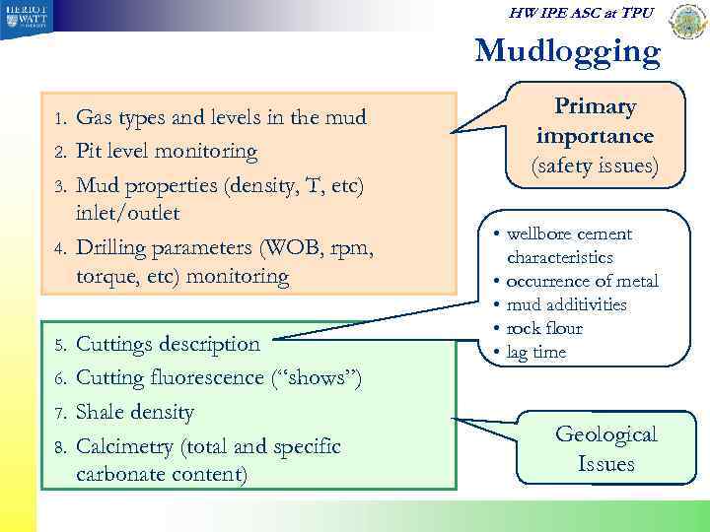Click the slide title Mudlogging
567,51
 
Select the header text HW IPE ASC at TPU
580,14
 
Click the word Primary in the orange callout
595,107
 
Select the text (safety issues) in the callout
595,166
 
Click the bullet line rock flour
544,328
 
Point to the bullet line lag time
536,352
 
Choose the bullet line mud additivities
566,304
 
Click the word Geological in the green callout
606,434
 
